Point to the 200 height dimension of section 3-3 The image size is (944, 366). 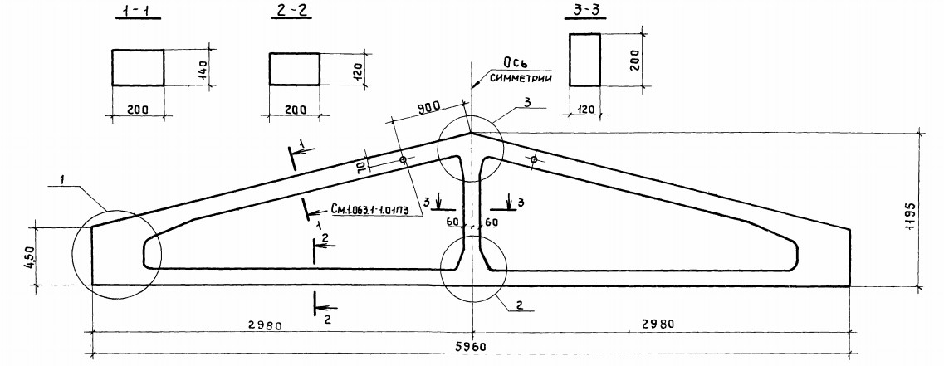click(635, 60)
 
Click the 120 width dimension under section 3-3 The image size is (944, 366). click(584, 109)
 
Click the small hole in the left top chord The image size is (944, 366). click(403, 160)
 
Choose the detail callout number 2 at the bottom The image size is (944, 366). click(518, 305)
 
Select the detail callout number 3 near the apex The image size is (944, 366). click(526, 102)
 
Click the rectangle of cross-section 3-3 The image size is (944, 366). click(584, 60)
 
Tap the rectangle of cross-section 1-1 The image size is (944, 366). click(138, 67)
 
